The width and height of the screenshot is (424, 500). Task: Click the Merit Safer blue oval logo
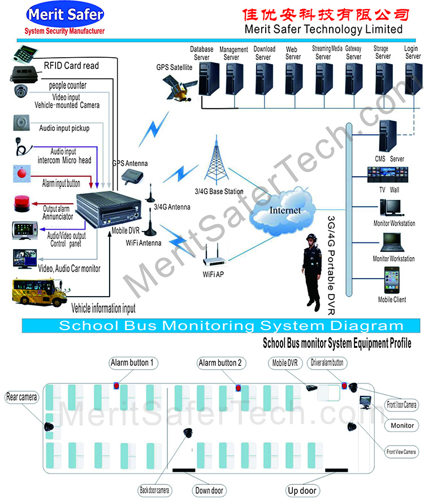click(x=65, y=14)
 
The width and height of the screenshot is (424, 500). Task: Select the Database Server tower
click(x=209, y=79)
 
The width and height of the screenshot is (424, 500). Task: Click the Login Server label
click(x=413, y=52)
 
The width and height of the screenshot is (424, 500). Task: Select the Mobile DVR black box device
click(x=108, y=209)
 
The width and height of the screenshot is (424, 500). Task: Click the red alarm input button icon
click(x=21, y=173)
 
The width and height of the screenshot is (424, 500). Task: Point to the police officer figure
click(x=311, y=272)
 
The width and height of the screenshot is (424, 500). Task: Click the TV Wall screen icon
click(x=387, y=174)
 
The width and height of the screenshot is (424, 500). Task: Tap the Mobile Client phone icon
click(x=392, y=280)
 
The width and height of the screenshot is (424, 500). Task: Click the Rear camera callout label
click(x=21, y=397)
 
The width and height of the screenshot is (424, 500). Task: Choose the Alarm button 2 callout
click(x=221, y=363)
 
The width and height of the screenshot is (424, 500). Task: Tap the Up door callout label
click(x=302, y=490)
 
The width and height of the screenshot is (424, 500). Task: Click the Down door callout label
click(x=209, y=490)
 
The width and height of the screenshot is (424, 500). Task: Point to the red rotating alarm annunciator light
click(x=22, y=203)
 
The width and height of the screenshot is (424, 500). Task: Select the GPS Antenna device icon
click(x=133, y=176)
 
